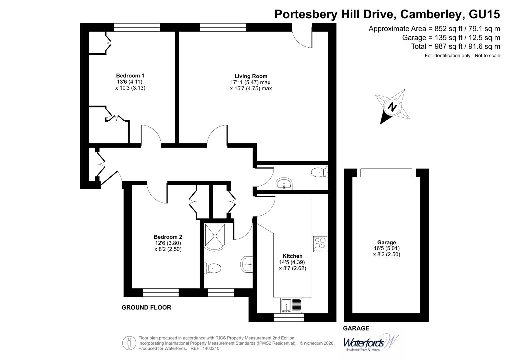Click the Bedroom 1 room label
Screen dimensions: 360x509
click(130, 76)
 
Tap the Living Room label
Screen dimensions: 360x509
click(251, 76)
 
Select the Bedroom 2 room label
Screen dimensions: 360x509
click(168, 237)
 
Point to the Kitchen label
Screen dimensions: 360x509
click(292, 256)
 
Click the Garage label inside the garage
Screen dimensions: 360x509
click(386, 242)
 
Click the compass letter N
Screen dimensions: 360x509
click(392, 107)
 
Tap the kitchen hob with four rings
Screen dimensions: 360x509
click(320, 244)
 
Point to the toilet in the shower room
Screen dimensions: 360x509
click(213, 268)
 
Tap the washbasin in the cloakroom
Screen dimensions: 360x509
click(284, 183)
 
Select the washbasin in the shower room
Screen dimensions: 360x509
click(247, 264)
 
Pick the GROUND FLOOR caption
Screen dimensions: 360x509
click(146, 307)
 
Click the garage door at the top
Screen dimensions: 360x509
click(386, 173)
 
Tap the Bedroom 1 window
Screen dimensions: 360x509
click(136, 27)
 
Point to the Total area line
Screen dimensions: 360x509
click(455, 46)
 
